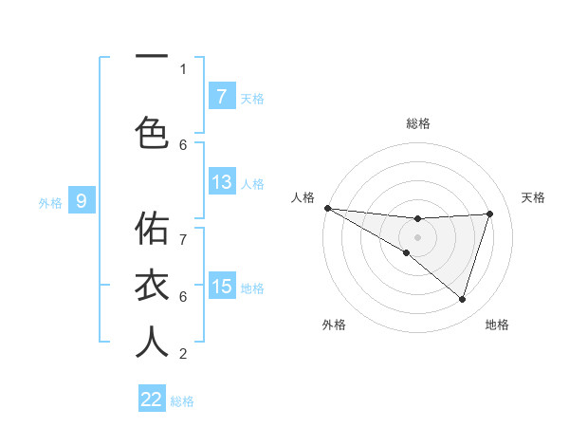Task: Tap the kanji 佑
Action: click(x=152, y=229)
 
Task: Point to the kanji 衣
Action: click(x=152, y=285)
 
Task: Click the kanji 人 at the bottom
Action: click(x=152, y=342)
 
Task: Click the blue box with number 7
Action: click(x=221, y=96)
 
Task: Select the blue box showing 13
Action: click(x=221, y=182)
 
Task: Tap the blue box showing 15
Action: click(x=221, y=287)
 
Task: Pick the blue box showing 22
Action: click(x=152, y=400)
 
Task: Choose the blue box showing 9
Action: click(x=82, y=200)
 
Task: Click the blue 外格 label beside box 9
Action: click(x=50, y=202)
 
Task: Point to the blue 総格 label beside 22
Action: click(x=182, y=401)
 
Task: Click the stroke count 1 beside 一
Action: click(x=183, y=68)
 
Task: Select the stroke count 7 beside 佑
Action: click(x=183, y=229)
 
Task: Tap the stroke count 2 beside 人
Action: click(x=183, y=354)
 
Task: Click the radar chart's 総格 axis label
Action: click(x=418, y=123)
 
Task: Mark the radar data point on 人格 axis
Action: click(x=327, y=207)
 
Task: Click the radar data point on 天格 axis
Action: click(x=490, y=214)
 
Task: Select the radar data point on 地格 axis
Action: click(x=462, y=299)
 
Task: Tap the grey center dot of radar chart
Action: click(x=418, y=236)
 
